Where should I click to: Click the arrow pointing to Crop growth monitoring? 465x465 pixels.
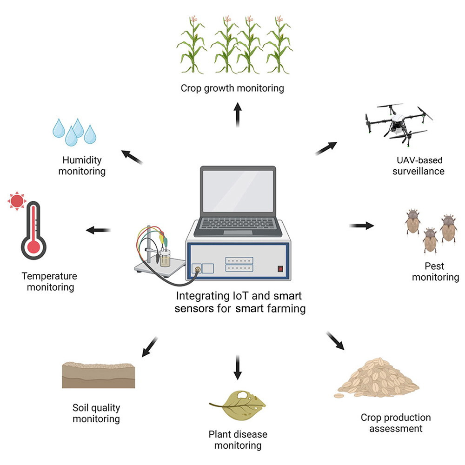[238, 114]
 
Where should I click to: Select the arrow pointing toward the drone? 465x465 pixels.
[327, 147]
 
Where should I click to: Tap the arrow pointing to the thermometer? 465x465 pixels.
[98, 230]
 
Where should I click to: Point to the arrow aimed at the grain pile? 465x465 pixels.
[335, 341]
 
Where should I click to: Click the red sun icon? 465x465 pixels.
[17, 200]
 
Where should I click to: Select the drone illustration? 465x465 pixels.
[395, 120]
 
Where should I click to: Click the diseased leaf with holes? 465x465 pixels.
[238, 403]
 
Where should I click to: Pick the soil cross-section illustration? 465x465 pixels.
[99, 374]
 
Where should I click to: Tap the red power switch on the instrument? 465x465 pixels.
[280, 268]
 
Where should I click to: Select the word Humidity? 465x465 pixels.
[82, 160]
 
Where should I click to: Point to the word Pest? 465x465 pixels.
[434, 266]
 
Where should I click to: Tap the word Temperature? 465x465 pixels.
[49, 276]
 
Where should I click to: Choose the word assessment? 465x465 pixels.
[396, 428]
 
